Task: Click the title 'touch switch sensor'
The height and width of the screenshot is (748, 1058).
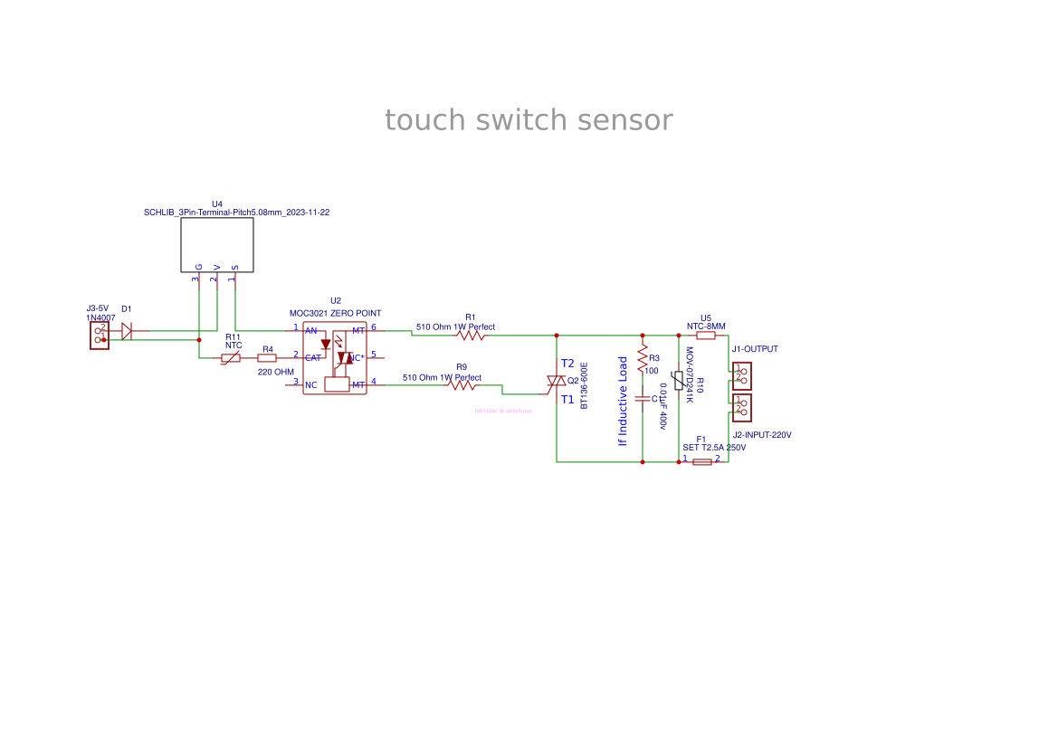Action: click(x=529, y=120)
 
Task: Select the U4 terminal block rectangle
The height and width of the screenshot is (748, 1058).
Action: click(x=217, y=244)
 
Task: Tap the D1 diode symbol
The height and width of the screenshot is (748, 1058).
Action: click(x=127, y=332)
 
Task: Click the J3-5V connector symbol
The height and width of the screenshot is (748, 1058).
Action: click(x=100, y=336)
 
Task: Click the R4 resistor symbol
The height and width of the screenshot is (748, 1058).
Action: click(x=267, y=358)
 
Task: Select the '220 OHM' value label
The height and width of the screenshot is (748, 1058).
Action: click(x=276, y=372)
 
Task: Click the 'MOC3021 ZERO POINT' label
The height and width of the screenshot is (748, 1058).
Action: click(x=335, y=313)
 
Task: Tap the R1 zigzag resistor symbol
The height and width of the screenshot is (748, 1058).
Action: click(x=471, y=336)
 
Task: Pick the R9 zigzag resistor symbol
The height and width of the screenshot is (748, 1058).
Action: click(x=462, y=385)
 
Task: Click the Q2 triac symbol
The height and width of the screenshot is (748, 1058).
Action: click(x=555, y=384)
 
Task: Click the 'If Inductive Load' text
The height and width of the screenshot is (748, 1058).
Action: click(x=623, y=401)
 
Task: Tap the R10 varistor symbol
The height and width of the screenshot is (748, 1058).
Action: click(x=678, y=381)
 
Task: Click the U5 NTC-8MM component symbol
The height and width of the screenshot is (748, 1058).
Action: click(x=706, y=336)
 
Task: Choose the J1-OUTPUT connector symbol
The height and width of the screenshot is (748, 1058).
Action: click(x=742, y=375)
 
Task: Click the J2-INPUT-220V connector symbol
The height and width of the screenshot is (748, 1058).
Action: click(x=742, y=406)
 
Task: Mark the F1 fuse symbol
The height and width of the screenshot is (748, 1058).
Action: click(x=701, y=461)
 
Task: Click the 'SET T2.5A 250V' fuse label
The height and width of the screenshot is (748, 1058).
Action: click(x=714, y=448)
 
